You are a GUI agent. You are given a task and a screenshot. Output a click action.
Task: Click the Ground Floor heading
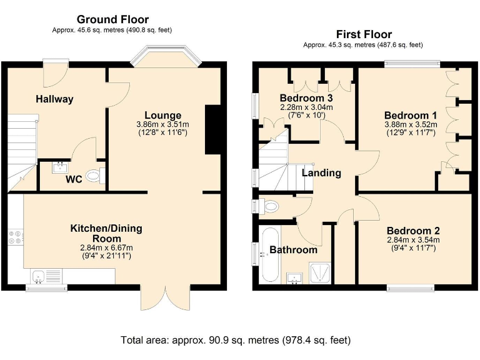(x=112, y=19)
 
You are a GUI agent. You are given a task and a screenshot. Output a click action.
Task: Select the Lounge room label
(x=162, y=115)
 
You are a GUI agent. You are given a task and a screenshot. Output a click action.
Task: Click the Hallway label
(x=54, y=99)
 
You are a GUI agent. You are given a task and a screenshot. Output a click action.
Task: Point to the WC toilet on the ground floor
(x=93, y=176)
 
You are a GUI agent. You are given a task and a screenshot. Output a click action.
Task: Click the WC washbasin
(x=61, y=166)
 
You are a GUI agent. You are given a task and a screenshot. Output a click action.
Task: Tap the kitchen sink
(x=38, y=275)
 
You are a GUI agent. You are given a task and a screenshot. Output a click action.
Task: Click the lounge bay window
(x=167, y=56)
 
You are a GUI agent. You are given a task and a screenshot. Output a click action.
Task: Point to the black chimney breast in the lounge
(x=213, y=130)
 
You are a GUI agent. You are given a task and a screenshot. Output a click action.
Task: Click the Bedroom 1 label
(x=410, y=115)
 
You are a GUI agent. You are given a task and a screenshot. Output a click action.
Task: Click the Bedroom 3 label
(x=306, y=98)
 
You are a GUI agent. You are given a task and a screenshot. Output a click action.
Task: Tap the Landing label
(x=322, y=172)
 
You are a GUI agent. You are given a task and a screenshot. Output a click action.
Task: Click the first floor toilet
(x=270, y=205)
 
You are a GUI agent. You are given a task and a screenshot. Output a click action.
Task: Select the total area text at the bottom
(x=236, y=340)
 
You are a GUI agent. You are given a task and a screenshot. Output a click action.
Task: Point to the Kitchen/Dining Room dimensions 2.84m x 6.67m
(x=106, y=246)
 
